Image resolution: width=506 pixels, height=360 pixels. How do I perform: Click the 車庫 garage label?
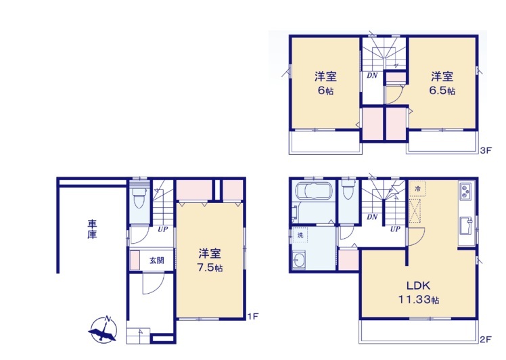coord(92,229)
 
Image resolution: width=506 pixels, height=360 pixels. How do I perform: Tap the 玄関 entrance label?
coord(156,260)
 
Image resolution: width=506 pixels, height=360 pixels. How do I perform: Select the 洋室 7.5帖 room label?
coord(210,261)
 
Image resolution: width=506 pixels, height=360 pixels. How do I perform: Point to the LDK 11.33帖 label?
coord(419,292)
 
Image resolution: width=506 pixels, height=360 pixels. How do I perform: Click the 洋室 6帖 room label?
coord(325,83)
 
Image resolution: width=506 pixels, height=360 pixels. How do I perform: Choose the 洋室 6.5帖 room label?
coord(442,83)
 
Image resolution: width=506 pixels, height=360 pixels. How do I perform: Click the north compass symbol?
coord(103,330)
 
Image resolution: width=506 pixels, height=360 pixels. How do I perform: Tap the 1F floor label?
coord(253,317)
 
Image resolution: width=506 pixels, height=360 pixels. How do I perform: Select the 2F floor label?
coord(485,339)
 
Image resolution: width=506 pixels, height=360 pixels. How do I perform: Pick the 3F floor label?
coord(485,150)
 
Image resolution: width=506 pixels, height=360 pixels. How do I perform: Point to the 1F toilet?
coord(139,198)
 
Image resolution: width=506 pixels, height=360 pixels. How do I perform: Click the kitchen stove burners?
coord(465,191)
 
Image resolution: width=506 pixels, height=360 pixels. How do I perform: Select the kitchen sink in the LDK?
coord(465,226)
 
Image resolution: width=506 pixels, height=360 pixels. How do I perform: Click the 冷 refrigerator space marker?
coord(417,189)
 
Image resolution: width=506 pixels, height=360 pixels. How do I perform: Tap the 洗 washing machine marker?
coord(300,235)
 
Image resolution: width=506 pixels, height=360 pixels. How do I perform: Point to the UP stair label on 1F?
coord(162,229)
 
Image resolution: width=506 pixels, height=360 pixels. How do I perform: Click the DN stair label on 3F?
coord(372,76)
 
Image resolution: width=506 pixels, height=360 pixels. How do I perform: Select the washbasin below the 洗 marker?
coord(298,259)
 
